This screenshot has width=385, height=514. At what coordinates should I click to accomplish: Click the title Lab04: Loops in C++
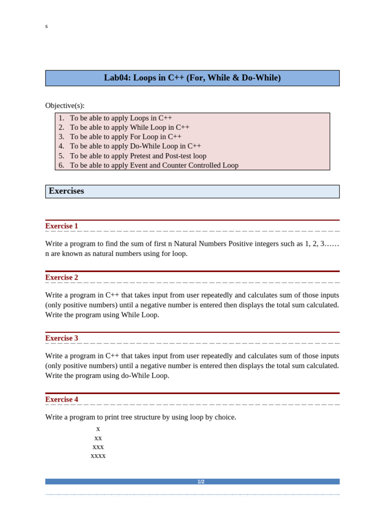coord(192,78)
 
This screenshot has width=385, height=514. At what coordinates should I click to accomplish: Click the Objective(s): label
coord(65,105)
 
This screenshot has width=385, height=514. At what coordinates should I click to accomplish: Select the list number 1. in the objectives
coord(61,118)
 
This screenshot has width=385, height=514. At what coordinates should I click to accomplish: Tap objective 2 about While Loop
coord(129,127)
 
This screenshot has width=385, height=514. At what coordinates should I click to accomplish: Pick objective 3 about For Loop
coord(125,137)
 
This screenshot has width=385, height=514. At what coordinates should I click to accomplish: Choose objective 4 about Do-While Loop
coord(135,146)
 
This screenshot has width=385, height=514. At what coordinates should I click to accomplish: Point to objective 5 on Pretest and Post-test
coord(138,156)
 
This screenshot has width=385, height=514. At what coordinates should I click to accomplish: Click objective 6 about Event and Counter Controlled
coord(154,165)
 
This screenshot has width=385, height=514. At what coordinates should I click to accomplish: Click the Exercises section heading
coord(66,191)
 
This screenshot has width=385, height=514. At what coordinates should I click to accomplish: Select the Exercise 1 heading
coord(62,226)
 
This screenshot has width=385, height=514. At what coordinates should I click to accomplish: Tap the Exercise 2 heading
coord(62,277)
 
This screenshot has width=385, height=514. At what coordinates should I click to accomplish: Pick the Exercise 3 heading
coord(62,338)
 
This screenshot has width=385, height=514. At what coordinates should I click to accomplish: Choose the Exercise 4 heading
coord(62,399)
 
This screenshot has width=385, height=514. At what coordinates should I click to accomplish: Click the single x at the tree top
coord(98,429)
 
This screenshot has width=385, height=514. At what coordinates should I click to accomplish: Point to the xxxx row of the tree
coord(98,456)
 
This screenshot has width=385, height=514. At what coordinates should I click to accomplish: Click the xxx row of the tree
coord(98,447)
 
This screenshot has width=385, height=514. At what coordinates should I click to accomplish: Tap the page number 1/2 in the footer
coord(201,481)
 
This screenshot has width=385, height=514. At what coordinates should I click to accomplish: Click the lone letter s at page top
coord(47,26)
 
